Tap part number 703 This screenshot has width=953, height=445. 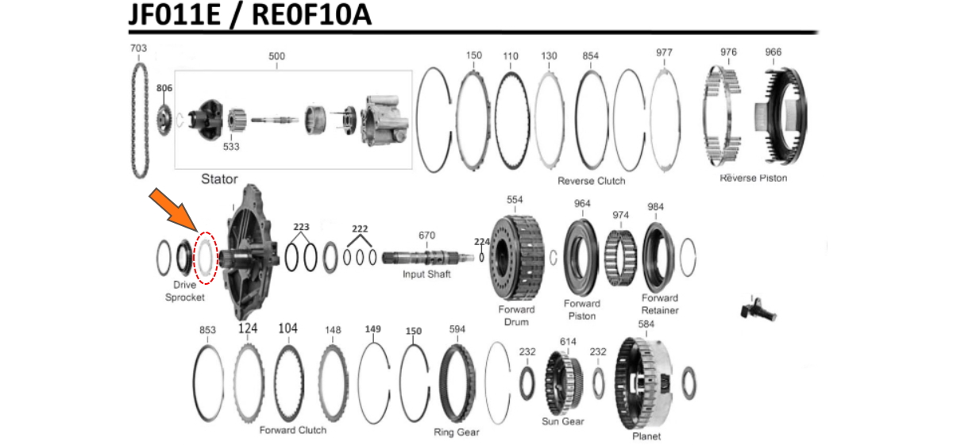point(138,48)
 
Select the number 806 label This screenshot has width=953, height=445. point(164,88)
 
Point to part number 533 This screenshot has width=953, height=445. point(231,147)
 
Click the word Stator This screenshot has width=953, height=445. point(218,179)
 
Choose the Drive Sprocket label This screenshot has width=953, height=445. point(184,291)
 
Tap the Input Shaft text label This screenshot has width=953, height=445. point(426,274)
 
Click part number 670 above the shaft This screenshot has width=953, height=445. point(426,236)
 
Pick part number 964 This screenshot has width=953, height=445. point(582,204)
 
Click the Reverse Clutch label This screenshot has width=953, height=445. point(591,181)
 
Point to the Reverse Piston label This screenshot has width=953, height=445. point(753,178)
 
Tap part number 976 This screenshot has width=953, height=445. point(728,52)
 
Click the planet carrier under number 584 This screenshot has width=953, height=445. point(646,381)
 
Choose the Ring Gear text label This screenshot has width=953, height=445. point(456,432)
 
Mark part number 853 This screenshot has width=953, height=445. point(207,330)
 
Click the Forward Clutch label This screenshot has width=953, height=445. point(292,430)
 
